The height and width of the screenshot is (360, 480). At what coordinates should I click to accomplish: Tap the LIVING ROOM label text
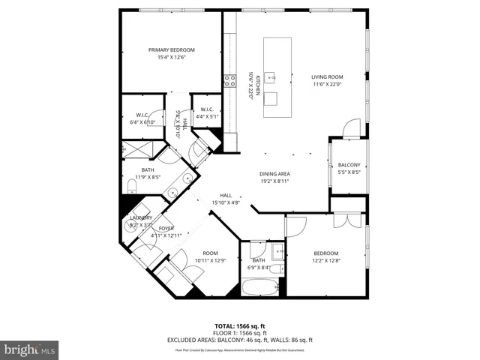(x=327, y=76)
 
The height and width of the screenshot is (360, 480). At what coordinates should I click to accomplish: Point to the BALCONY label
(x=349, y=165)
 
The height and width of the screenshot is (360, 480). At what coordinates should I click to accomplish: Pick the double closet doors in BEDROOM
(x=346, y=220)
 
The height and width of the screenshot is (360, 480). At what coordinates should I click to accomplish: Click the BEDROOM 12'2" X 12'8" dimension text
(x=326, y=261)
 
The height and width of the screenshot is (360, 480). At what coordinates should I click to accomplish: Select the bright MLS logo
(x=30, y=349)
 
